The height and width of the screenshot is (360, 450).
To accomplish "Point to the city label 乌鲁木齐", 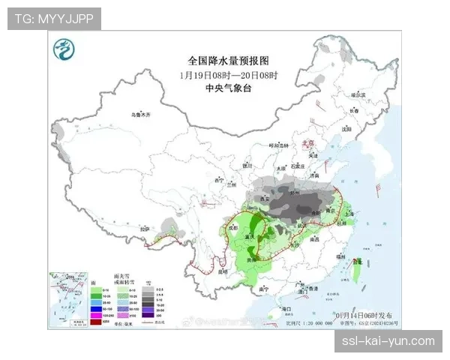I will coord(141,115).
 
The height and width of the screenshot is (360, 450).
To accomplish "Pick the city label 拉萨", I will coord(146,228).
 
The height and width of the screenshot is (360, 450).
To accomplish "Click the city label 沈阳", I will coord(346,129).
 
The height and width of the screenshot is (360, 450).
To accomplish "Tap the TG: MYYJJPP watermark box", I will coord(54,18).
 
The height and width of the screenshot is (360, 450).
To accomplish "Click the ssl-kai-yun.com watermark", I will coord(386,341).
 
